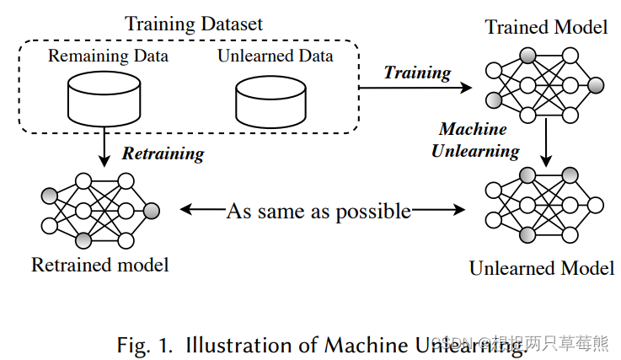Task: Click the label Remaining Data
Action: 108,57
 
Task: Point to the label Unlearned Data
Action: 275,57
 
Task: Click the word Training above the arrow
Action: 417,73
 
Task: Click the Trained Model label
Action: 546,27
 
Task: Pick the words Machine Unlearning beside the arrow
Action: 475,140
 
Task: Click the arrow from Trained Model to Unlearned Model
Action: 547,144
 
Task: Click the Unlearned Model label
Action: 542,268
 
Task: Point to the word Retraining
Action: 163,153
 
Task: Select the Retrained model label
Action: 100,265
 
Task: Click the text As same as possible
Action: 319,211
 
